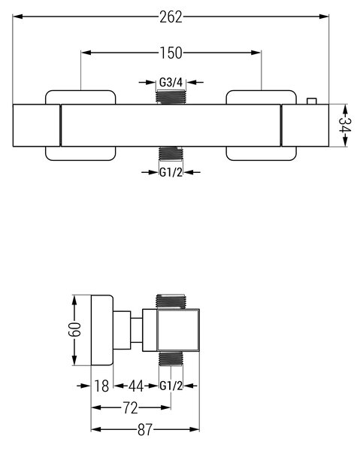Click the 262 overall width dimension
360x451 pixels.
tap(171, 17)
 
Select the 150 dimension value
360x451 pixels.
tap(171, 53)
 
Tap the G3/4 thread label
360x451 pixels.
tap(171, 83)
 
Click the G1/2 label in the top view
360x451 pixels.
tap(171, 173)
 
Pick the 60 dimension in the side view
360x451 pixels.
tap(74, 330)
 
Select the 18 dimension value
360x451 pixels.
tap(101, 386)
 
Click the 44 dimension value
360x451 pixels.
tap(136, 386)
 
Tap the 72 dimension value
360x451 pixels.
tap(131, 408)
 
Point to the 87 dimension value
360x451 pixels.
tap(145, 430)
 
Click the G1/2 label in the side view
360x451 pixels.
tap(171, 386)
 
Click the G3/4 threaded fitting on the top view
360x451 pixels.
tap(171, 97)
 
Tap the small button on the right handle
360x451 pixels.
tap(312, 101)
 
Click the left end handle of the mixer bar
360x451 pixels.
tap(37, 126)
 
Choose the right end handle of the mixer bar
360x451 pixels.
tap(305, 126)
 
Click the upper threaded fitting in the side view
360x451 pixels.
tap(171, 301)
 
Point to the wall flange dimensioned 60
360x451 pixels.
tap(102, 330)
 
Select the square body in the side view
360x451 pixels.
tap(178, 331)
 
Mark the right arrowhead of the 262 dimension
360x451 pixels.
tap(325, 17)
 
